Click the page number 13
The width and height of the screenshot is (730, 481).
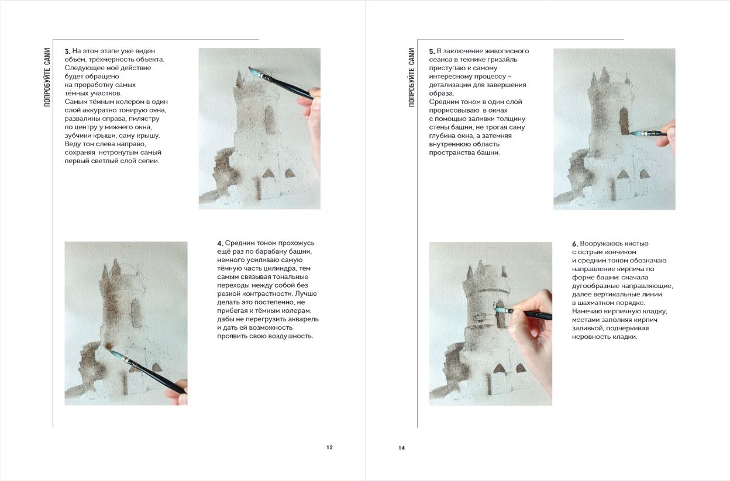pyautogui.click(x=329, y=447)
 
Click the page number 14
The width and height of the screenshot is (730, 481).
pyautogui.click(x=401, y=448)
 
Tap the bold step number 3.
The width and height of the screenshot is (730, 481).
pyautogui.click(x=67, y=51)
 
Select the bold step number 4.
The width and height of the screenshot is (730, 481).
pyautogui.click(x=220, y=243)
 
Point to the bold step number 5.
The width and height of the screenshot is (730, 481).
pyautogui.click(x=432, y=51)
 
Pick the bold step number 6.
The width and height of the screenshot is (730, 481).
pyautogui.click(x=575, y=244)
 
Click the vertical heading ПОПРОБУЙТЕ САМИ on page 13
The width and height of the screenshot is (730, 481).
pyautogui.click(x=47, y=77)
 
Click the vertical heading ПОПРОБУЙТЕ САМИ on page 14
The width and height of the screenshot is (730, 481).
pyautogui.click(x=412, y=77)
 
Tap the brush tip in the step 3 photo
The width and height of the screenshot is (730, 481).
pyautogui.click(x=250, y=68)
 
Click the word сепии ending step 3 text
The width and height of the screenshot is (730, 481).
pyautogui.click(x=150, y=161)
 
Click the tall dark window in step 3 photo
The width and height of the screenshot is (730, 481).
pyautogui.click(x=269, y=120)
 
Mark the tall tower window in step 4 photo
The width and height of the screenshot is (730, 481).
pyautogui.click(x=135, y=313)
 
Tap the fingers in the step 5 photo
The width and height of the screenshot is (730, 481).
pyautogui.click(x=667, y=134)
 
